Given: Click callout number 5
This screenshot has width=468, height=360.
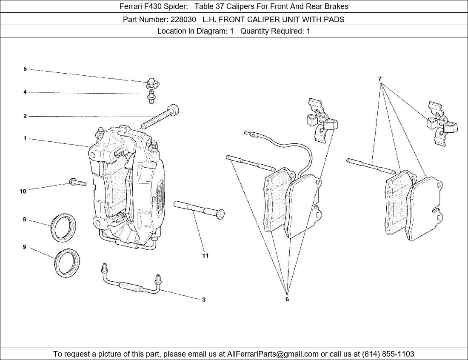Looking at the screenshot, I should click(x=25, y=69).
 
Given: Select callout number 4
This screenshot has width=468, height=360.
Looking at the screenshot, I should click(x=25, y=92).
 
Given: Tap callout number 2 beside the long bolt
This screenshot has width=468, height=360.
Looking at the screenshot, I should click(x=25, y=116).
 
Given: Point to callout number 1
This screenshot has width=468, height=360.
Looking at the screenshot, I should click(x=25, y=138).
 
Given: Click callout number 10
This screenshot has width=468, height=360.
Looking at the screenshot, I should click(x=23, y=191).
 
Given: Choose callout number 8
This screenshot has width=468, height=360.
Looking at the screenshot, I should click(x=25, y=220).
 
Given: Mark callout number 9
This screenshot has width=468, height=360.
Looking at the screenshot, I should click(x=25, y=247).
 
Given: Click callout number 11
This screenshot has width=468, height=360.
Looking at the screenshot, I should click(x=205, y=256).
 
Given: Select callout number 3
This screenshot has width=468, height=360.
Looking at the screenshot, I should click(x=204, y=300).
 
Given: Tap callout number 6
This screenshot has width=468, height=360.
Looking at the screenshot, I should click(x=287, y=299).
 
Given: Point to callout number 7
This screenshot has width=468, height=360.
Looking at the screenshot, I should click(x=380, y=79).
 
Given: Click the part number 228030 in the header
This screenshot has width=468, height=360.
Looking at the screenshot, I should click(x=184, y=19).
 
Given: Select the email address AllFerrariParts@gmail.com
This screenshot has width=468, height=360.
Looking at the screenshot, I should click(x=273, y=354).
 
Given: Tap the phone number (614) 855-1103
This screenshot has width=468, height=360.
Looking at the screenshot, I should click(x=388, y=354).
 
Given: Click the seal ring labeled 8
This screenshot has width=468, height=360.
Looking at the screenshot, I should click(x=64, y=228).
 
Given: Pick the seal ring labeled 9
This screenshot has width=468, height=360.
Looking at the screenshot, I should click(x=67, y=262).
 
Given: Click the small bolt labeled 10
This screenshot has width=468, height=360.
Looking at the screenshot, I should click(x=77, y=183).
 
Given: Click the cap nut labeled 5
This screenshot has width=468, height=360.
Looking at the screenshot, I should click(x=151, y=82).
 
